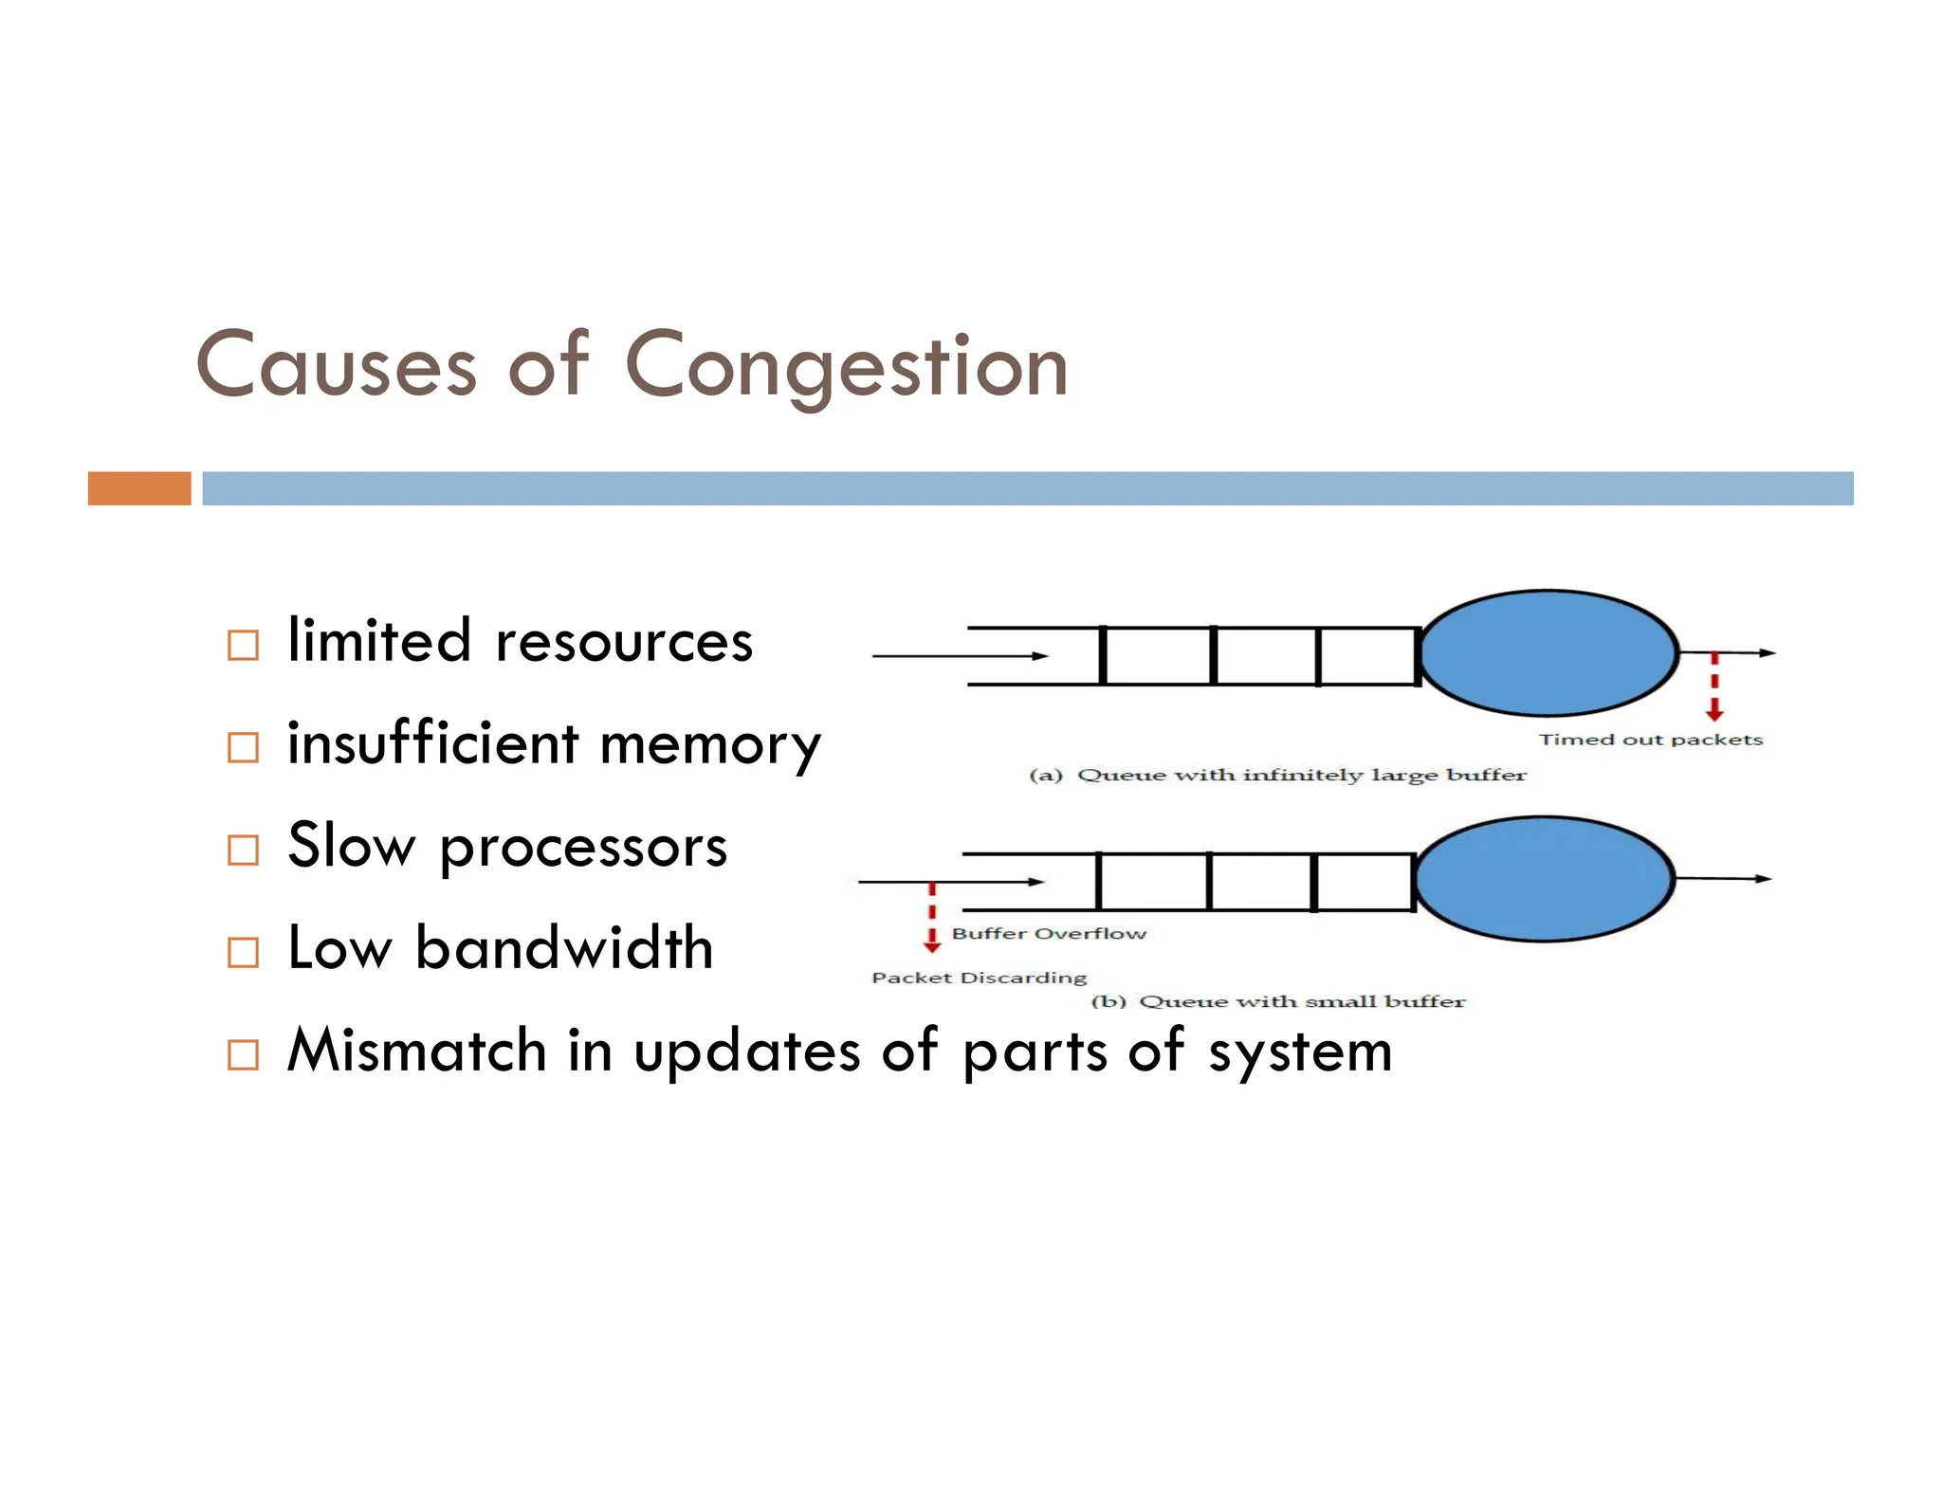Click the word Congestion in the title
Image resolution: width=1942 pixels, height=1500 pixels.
pos(846,368)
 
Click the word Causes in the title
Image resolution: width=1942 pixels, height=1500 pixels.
pos(336,368)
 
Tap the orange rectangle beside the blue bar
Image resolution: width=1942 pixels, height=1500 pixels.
pos(139,488)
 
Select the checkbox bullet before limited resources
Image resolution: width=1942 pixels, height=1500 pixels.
pos(243,646)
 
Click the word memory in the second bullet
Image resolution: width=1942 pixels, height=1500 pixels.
pos(710,744)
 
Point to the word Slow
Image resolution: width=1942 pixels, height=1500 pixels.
pos(351,846)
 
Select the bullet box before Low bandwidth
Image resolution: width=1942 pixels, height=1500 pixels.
pos(243,952)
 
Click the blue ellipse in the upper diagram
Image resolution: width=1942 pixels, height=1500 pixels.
pos(1548,653)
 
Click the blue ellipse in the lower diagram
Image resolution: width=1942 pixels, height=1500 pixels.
pos(1543,879)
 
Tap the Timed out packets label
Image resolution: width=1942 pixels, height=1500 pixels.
pos(1650,740)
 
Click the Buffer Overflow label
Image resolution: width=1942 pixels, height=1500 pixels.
pos(1049,934)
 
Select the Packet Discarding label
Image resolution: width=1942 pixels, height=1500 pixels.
pos(979,978)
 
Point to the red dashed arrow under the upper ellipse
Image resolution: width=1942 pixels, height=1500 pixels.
pos(1713,687)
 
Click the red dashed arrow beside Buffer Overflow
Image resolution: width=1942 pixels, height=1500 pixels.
pos(932,917)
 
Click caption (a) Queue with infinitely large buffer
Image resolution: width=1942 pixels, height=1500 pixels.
pos(1277,776)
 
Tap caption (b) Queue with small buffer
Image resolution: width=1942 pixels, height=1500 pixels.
pos(1277,1002)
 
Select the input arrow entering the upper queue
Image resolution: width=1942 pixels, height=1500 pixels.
pos(958,655)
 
